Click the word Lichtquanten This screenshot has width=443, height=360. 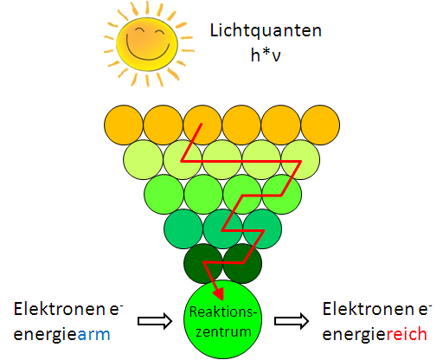tap(266, 31)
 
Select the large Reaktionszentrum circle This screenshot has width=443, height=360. tap(223, 317)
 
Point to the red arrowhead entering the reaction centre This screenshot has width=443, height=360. tap(215, 291)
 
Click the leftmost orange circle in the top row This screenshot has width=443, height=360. tap(124, 126)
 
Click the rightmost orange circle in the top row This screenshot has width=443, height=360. tap(318, 126)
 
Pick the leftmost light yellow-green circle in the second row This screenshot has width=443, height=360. tap(144, 160)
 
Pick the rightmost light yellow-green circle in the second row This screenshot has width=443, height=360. tap(299, 160)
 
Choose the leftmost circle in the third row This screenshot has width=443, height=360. tap(164, 195)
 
